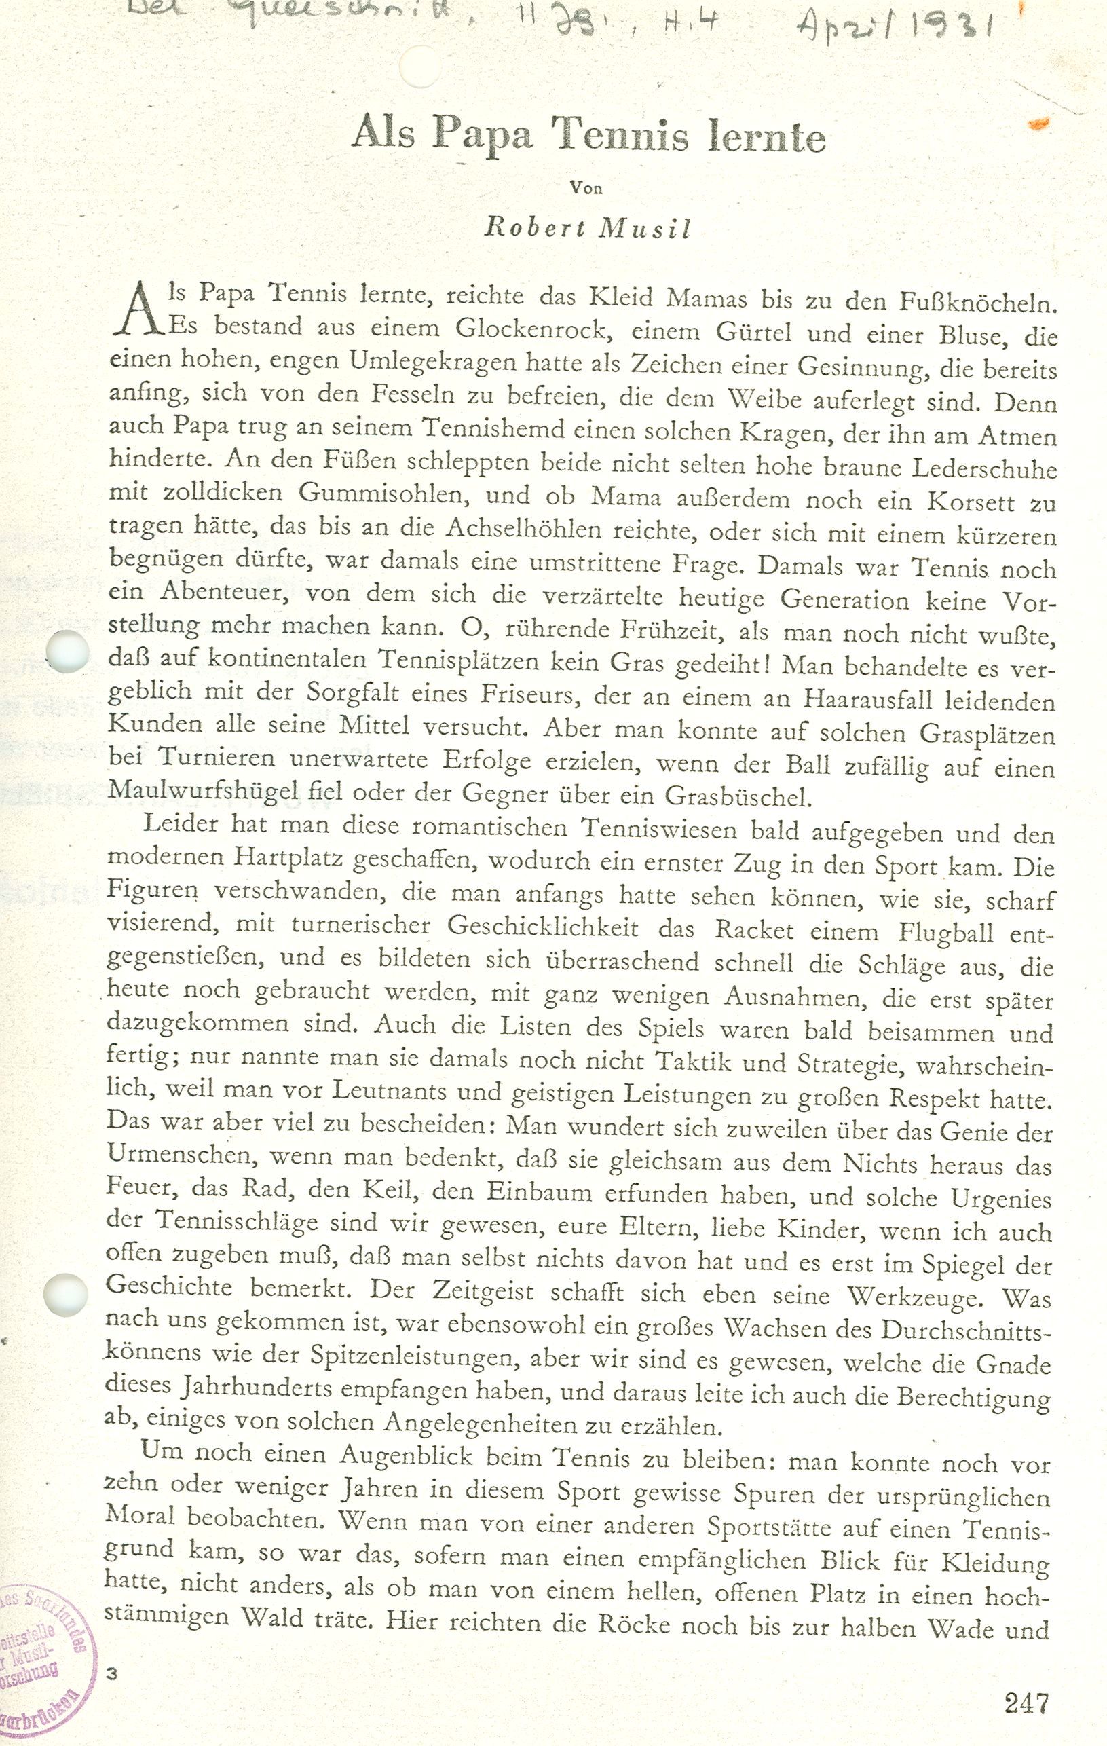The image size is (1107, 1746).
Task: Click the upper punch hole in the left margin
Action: point(67,651)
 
